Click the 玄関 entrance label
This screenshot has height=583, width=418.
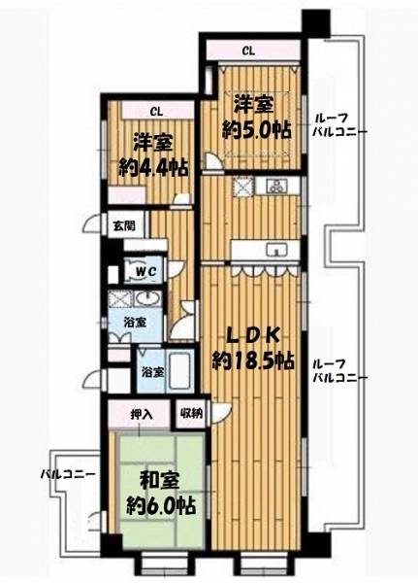[124, 225]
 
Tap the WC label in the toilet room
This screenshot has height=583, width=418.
[145, 271]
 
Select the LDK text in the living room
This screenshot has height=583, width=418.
[253, 337]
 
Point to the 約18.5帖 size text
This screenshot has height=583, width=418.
[253, 360]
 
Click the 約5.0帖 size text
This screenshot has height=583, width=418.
[256, 130]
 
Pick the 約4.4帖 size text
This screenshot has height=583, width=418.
[153, 167]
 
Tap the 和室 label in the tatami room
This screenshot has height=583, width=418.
[160, 482]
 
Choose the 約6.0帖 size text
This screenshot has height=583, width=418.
[161, 505]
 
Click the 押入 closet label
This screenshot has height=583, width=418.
[142, 415]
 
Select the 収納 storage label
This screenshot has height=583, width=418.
[191, 413]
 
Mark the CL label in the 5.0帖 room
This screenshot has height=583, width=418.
[248, 51]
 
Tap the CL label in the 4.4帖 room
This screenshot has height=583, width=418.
[156, 113]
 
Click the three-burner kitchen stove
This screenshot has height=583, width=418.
[277, 186]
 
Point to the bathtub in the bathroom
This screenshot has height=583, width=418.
[178, 372]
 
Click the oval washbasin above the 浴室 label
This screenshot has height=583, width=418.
[146, 298]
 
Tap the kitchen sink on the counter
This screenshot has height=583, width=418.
[276, 250]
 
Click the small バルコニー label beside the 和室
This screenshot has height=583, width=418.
[68, 475]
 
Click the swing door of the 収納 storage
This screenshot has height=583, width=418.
[221, 412]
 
